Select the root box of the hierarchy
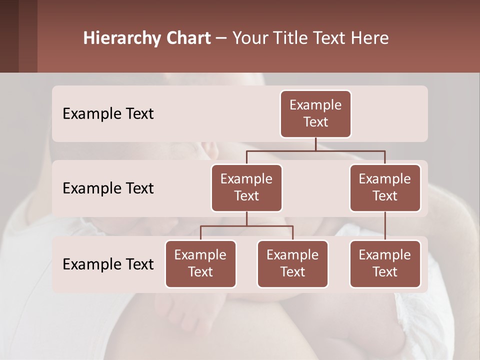tap(315, 113)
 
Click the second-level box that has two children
tap(246, 187)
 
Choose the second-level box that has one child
tap(385, 187)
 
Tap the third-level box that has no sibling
tap(385, 263)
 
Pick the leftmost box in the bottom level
tap(200, 263)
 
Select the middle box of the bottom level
tap(292, 263)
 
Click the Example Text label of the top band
tap(108, 113)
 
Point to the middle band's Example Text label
tap(108, 188)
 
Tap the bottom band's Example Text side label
tap(108, 264)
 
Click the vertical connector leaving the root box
tap(315, 144)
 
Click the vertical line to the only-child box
tap(385, 226)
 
